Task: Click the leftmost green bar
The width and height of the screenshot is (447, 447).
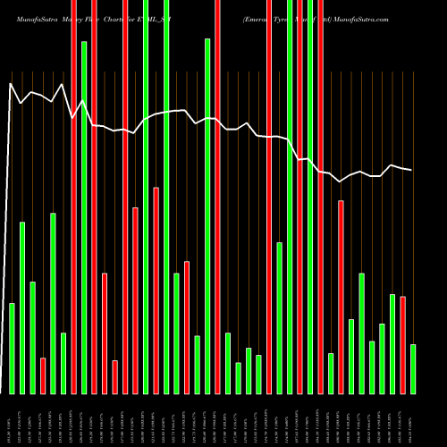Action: click(12, 349)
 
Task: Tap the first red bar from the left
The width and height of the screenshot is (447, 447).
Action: click(43, 375)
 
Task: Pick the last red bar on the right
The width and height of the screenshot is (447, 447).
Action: click(403, 344)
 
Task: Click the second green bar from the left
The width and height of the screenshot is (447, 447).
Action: click(22, 308)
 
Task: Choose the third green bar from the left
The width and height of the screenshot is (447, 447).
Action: click(32, 337)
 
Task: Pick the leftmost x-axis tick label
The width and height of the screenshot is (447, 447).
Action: click(12, 418)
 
